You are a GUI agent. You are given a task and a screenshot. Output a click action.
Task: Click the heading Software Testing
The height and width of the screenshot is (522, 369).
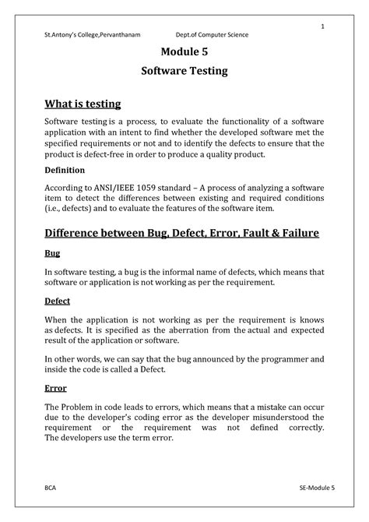click(184, 71)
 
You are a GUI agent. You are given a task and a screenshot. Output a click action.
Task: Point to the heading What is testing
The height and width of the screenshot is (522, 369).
click(83, 104)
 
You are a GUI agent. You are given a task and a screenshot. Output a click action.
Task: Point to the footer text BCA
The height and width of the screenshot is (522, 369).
click(51, 485)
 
